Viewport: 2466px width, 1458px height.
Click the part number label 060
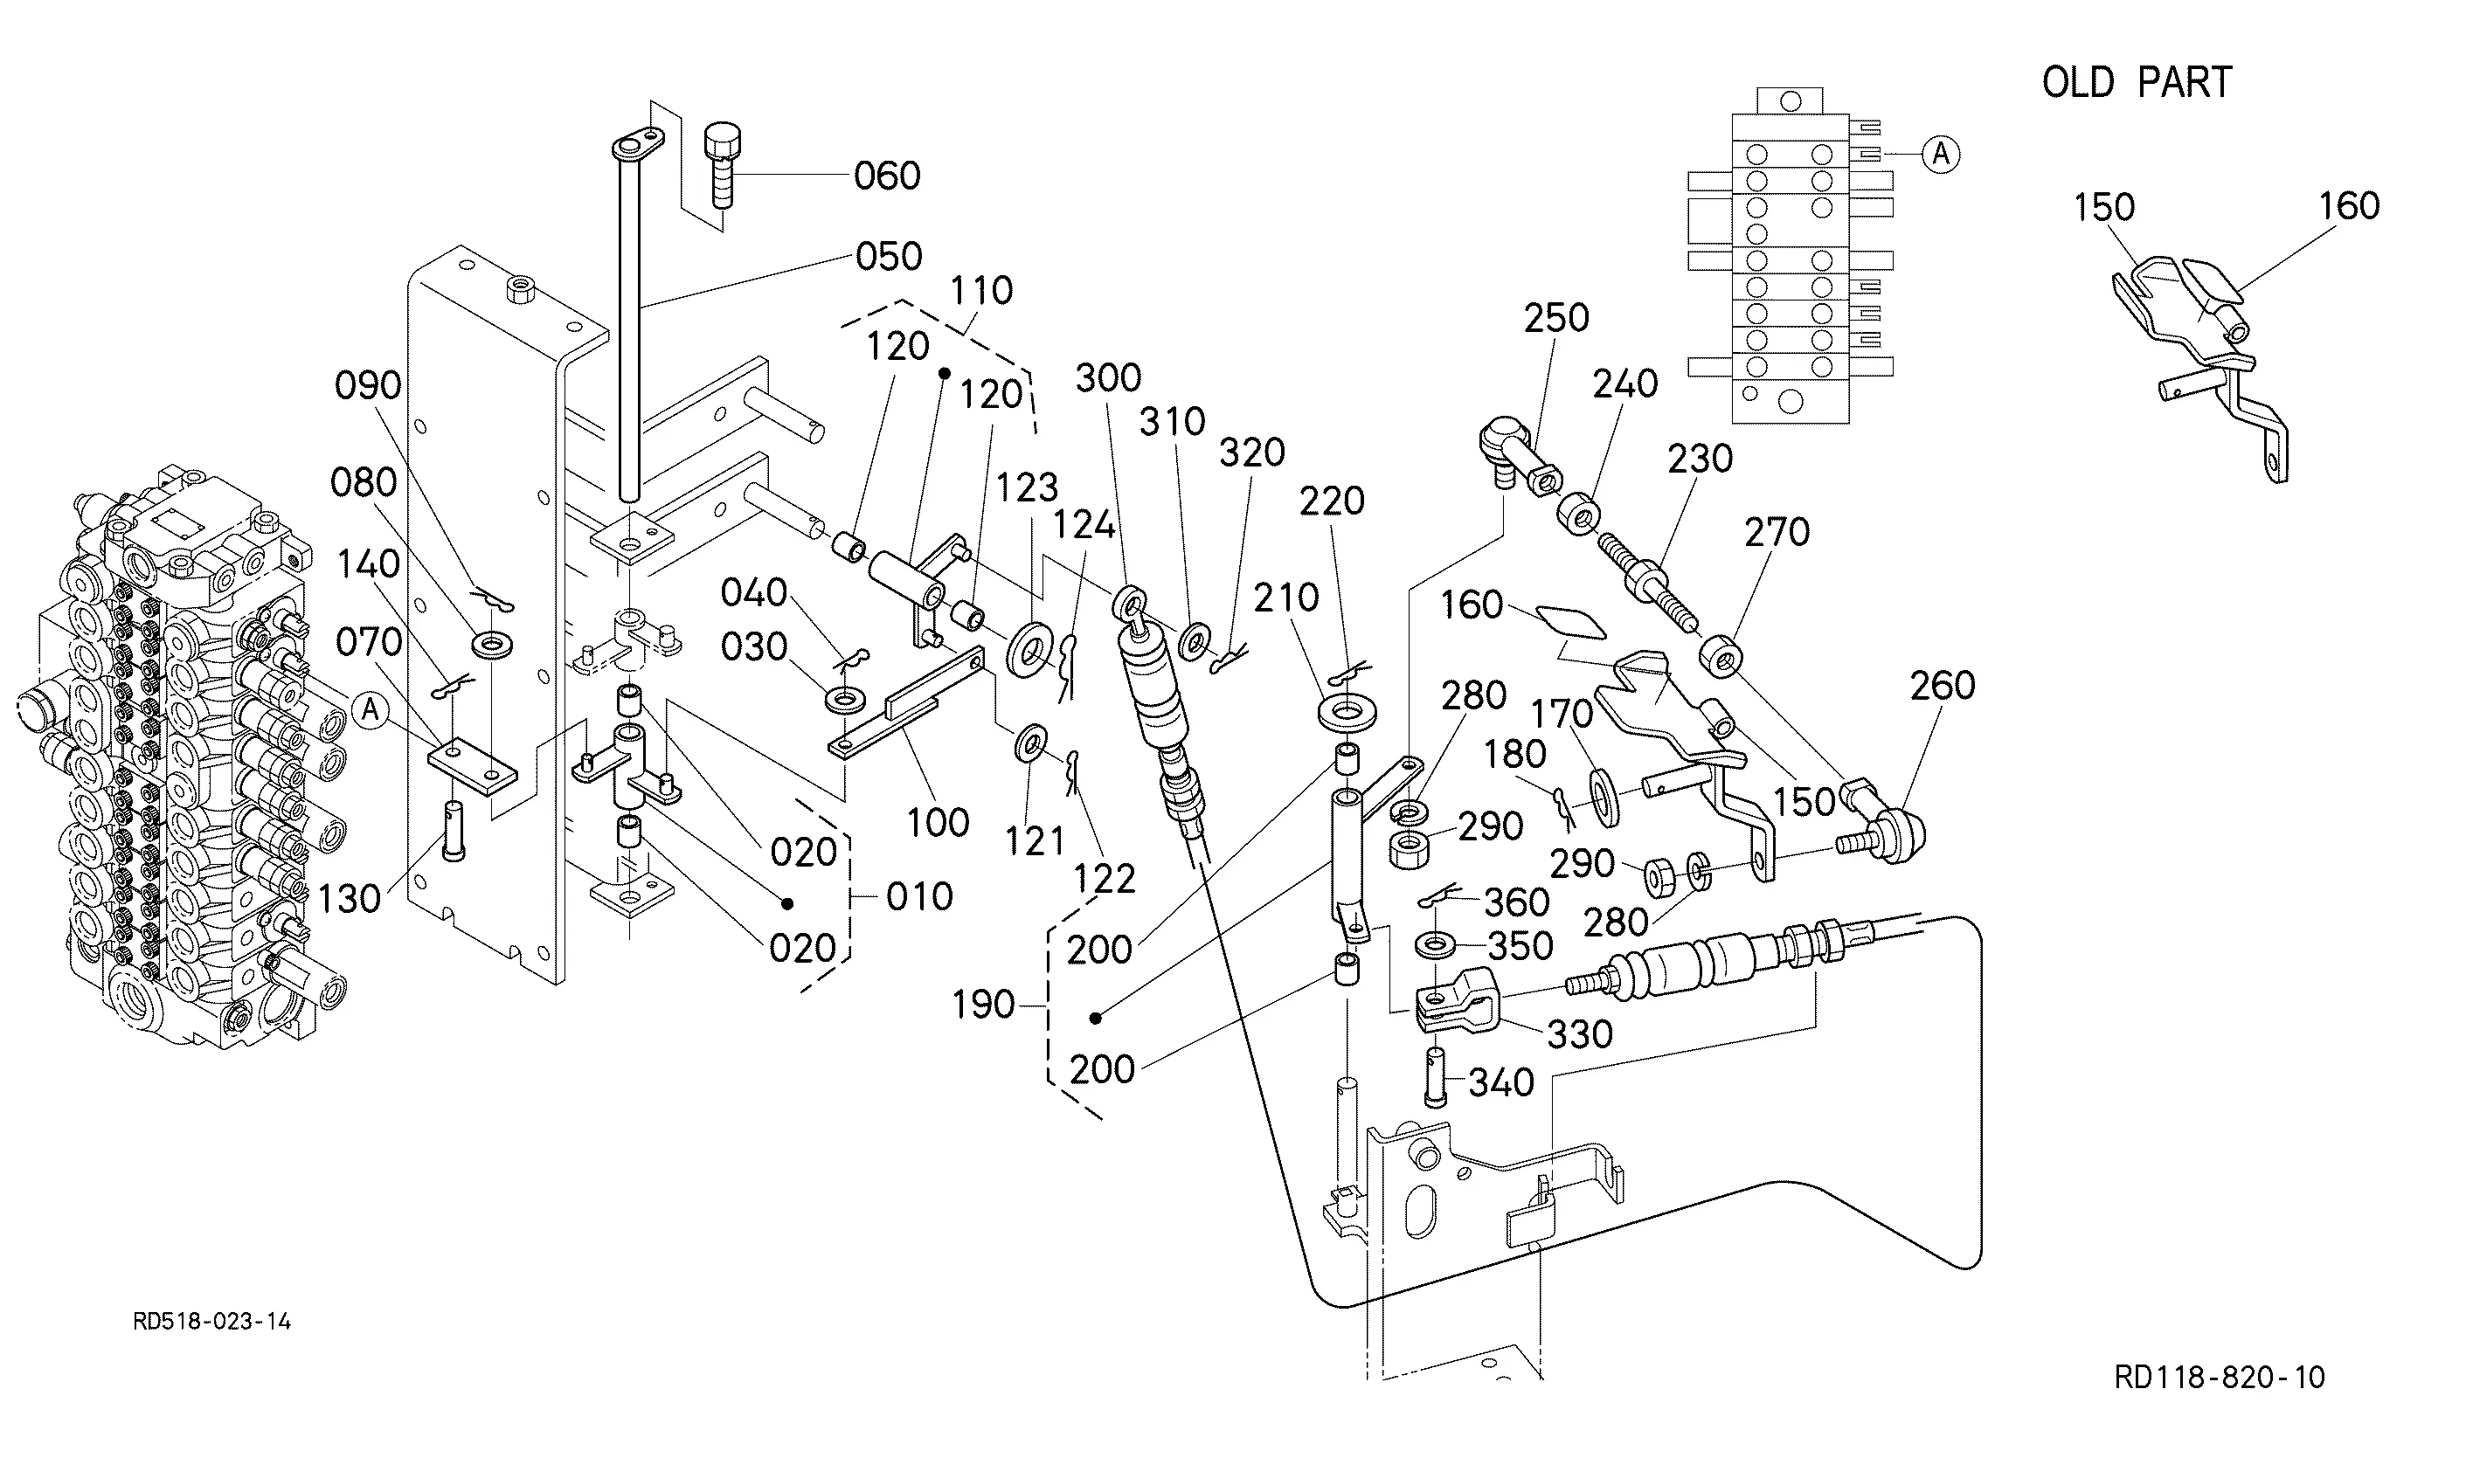(887, 176)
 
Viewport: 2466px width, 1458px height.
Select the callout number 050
(888, 257)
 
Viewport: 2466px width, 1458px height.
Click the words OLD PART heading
(2137, 82)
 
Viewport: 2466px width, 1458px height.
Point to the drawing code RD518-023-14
(212, 1322)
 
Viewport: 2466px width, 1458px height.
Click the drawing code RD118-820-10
(2220, 1378)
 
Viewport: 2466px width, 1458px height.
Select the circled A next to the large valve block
(370, 709)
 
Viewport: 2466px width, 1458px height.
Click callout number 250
(1556, 318)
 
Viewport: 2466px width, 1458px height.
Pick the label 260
(1943, 686)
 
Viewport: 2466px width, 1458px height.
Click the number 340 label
(1501, 1082)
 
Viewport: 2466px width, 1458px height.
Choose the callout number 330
(1580, 1034)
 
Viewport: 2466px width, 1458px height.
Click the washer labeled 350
(1437, 946)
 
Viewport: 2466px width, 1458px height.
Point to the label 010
(919, 897)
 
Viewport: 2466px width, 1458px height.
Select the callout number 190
(983, 1005)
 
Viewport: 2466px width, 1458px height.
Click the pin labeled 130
(453, 831)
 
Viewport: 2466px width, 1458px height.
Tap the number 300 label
(1108, 378)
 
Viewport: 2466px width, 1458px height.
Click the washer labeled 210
(1348, 712)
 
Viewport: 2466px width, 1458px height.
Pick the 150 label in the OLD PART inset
(2103, 207)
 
